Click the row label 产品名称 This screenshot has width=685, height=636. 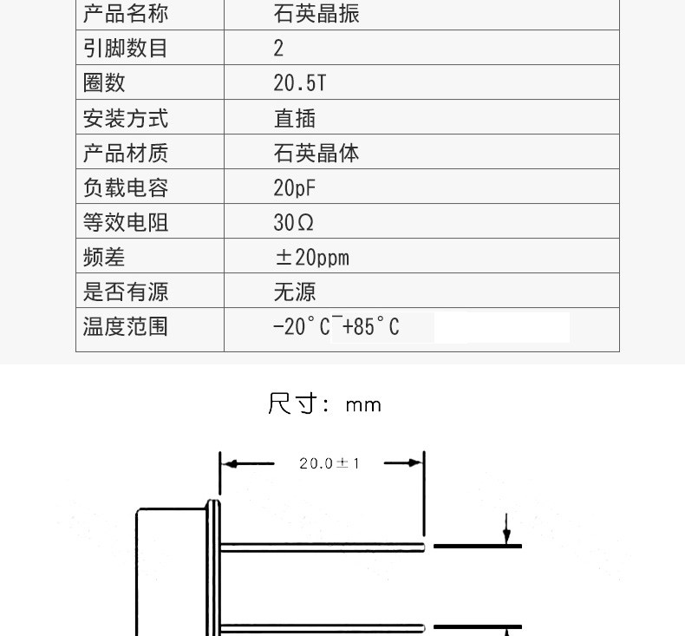click(126, 14)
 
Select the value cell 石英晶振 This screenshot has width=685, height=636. click(316, 14)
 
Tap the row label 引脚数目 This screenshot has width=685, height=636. click(126, 49)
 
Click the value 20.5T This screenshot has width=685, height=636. click(299, 83)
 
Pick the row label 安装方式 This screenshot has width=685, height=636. click(126, 118)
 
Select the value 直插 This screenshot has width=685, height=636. click(295, 118)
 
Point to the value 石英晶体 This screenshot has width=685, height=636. click(316, 154)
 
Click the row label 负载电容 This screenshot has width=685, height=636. click(126, 188)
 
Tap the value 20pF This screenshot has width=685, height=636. click(295, 188)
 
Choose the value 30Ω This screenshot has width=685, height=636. click(294, 223)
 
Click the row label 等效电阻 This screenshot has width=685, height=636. click(126, 223)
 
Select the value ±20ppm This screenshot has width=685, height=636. click(311, 258)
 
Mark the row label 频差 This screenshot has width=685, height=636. click(104, 258)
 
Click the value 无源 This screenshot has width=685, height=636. click(295, 292)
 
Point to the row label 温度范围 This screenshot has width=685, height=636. click(126, 327)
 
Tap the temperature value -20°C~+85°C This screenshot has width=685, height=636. click(336, 327)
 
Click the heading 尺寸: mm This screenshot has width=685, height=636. click(324, 404)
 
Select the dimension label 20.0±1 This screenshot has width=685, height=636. click(329, 463)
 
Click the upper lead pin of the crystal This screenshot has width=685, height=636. click(321, 546)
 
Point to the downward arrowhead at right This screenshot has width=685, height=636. click(506, 535)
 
